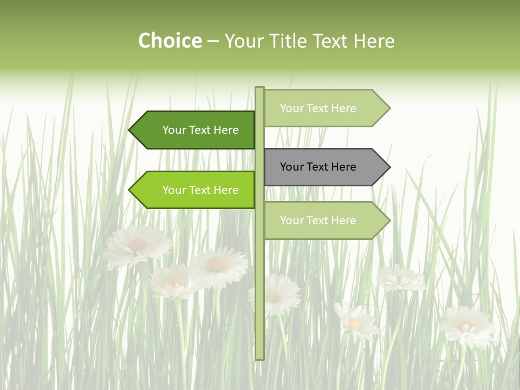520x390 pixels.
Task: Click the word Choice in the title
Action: pos(170,41)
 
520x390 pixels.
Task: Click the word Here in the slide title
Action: pos(374,41)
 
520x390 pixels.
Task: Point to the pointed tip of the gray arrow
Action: pos(388,167)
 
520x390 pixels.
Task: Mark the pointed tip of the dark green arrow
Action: pos(131,130)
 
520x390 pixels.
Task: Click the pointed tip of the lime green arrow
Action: pos(131,190)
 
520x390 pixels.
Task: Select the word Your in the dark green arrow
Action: pos(174,130)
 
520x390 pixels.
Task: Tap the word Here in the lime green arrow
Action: pos(226,190)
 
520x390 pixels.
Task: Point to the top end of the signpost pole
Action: pos(260,88)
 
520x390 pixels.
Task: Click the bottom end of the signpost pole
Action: pos(260,357)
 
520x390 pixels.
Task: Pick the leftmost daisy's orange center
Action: pos(137,244)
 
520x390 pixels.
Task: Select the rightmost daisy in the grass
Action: pos(467,327)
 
